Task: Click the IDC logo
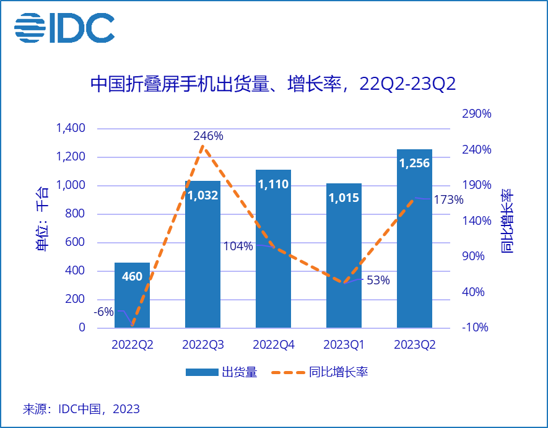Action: tap(64, 27)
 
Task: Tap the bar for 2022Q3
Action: tap(202, 254)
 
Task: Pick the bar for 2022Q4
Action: tap(273, 248)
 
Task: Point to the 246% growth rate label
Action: tap(208, 136)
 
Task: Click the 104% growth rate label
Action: tap(238, 246)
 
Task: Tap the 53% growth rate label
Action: tap(378, 280)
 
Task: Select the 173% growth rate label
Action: tap(448, 199)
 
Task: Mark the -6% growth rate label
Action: tap(103, 312)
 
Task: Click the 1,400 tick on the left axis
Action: tap(71, 129)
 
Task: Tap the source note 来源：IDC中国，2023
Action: tap(81, 409)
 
